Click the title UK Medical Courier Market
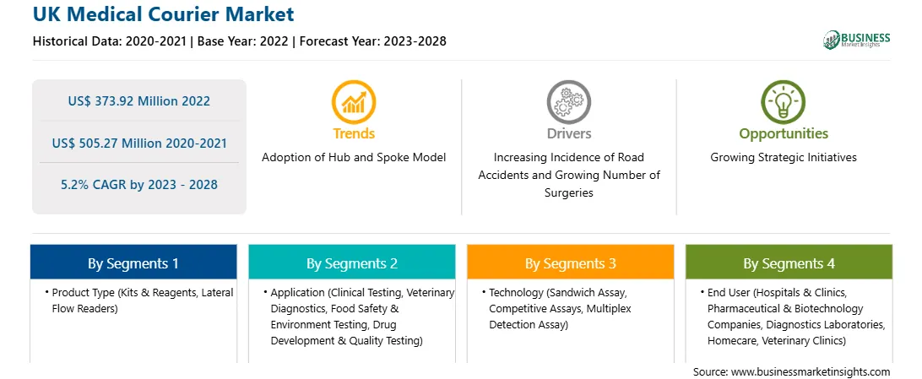pyautogui.click(x=164, y=14)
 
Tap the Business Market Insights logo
pyautogui.click(x=857, y=40)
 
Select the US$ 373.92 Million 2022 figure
pyautogui.click(x=138, y=101)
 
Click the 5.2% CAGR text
pyautogui.click(x=138, y=185)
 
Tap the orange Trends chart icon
pyautogui.click(x=354, y=101)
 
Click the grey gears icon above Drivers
pyautogui.click(x=568, y=101)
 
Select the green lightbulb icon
pyautogui.click(x=784, y=101)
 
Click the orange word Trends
pyautogui.click(x=354, y=133)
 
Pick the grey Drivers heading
pyautogui.click(x=568, y=133)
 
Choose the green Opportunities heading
pyautogui.click(x=784, y=134)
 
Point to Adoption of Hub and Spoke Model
pyautogui.click(x=354, y=158)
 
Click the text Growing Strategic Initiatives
pyautogui.click(x=784, y=158)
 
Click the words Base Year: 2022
pyautogui.click(x=243, y=41)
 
